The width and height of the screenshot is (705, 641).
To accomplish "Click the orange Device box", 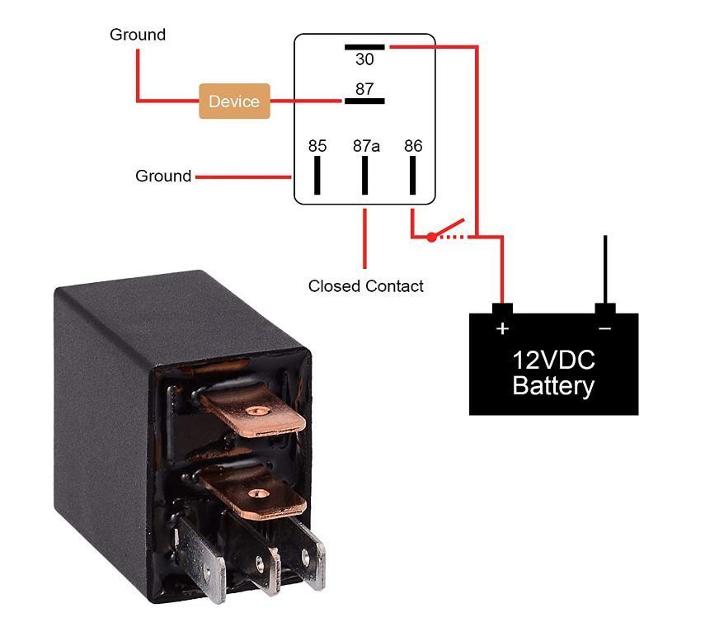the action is [x=234, y=101].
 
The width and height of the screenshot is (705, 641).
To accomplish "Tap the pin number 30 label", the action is [x=364, y=59].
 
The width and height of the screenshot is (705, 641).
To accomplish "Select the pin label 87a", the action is [x=366, y=146].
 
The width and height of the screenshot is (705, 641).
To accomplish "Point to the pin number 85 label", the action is [x=317, y=146].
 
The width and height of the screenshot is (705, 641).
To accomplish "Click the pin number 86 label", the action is [x=413, y=146].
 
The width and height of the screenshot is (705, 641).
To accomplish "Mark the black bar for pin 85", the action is [x=317, y=175].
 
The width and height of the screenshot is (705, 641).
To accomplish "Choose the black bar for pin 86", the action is [x=413, y=175].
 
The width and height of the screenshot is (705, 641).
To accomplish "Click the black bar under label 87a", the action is [x=364, y=175].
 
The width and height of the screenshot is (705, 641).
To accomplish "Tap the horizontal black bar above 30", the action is [x=364, y=47].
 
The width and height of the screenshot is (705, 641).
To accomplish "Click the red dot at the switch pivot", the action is [x=431, y=237].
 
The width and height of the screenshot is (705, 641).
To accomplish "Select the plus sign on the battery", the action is [x=502, y=329].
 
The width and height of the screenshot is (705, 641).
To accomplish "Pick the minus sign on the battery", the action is [x=605, y=329].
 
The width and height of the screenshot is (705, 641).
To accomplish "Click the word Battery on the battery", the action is [x=553, y=386].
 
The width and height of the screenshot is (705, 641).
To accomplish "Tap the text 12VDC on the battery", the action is [x=553, y=361].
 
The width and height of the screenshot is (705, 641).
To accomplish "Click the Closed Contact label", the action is [x=365, y=286].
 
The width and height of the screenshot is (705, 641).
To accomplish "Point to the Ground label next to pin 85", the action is [x=163, y=176].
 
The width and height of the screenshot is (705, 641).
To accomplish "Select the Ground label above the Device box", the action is [x=138, y=35].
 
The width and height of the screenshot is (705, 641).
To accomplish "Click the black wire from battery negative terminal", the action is [x=605, y=269].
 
